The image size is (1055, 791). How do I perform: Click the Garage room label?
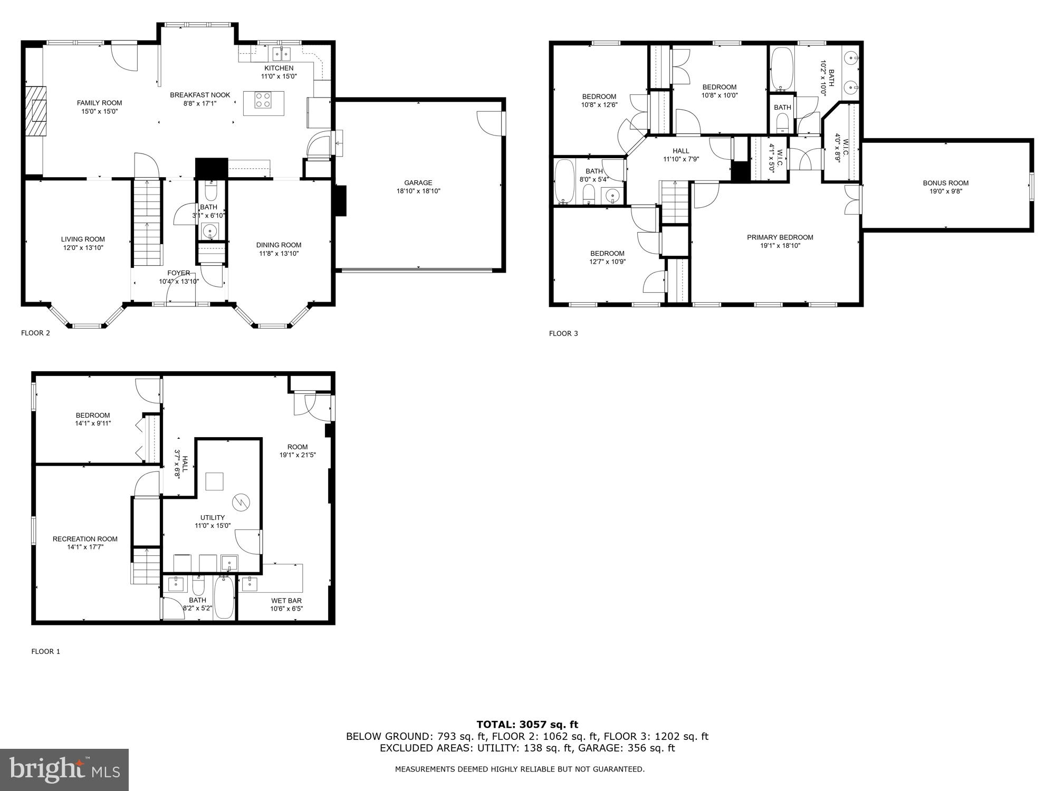[x=418, y=183]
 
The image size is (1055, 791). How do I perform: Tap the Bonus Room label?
[x=945, y=184]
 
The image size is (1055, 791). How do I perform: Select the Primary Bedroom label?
[x=780, y=237]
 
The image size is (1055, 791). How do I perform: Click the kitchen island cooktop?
[x=263, y=100]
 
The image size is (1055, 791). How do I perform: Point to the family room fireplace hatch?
[x=37, y=111]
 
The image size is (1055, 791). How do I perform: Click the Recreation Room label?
[x=85, y=539]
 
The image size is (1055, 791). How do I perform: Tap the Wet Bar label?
[x=286, y=601]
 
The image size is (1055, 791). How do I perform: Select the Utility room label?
[x=213, y=517]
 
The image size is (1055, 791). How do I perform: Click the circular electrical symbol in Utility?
[x=241, y=501]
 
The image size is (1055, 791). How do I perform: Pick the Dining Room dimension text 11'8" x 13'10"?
[x=279, y=254]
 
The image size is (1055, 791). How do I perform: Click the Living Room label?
[x=83, y=239]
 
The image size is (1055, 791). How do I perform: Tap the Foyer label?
[x=179, y=273]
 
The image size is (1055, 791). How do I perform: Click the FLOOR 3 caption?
[x=563, y=333]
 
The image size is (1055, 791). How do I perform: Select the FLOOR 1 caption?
[x=46, y=651]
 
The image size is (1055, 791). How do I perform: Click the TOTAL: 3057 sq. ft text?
[x=527, y=725]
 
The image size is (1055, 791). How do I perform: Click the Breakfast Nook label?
[x=200, y=95]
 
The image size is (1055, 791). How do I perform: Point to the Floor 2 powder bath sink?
[x=209, y=231]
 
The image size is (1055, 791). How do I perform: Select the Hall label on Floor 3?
[x=680, y=151]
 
